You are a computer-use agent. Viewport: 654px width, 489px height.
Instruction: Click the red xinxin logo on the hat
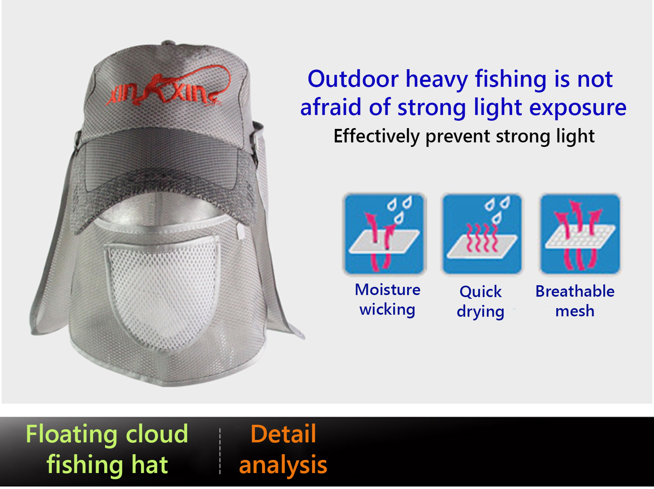tap(168, 86)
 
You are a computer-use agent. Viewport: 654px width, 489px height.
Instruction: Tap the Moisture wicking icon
tap(385, 234)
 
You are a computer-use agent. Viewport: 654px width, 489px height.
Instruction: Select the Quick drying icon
tap(482, 234)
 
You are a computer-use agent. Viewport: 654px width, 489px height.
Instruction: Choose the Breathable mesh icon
tap(580, 234)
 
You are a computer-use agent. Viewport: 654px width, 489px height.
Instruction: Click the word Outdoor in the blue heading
tap(353, 79)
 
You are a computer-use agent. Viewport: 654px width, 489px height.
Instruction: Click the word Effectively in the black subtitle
tap(376, 136)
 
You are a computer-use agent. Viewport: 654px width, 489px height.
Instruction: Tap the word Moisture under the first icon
tap(387, 290)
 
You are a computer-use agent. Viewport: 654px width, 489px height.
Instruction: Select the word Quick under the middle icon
tap(480, 292)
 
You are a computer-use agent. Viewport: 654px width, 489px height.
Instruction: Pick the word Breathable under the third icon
tap(575, 291)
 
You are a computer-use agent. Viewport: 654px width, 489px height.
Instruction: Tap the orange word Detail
tap(283, 434)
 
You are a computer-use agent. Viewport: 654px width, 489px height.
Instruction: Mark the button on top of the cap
tap(169, 43)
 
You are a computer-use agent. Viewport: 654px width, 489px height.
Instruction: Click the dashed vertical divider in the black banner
tap(220, 451)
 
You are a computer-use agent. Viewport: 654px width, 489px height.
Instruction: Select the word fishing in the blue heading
tap(511, 80)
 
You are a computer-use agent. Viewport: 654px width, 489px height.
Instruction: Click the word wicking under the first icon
tap(387, 309)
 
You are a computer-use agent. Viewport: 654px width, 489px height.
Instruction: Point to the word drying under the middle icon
tap(480, 311)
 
